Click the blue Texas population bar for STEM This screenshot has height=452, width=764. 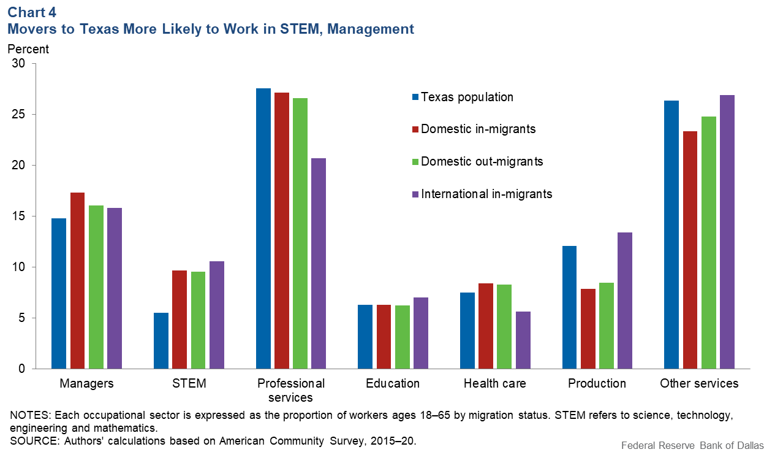161,341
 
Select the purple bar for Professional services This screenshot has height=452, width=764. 319,264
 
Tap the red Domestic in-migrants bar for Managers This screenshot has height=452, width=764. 77,281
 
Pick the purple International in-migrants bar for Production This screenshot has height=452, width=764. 625,301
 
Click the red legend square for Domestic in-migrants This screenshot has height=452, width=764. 415,129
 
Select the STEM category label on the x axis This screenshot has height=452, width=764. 189,384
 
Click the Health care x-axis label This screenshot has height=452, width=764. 494,384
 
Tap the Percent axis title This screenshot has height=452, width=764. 28,48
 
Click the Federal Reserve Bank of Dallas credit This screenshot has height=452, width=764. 690,445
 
